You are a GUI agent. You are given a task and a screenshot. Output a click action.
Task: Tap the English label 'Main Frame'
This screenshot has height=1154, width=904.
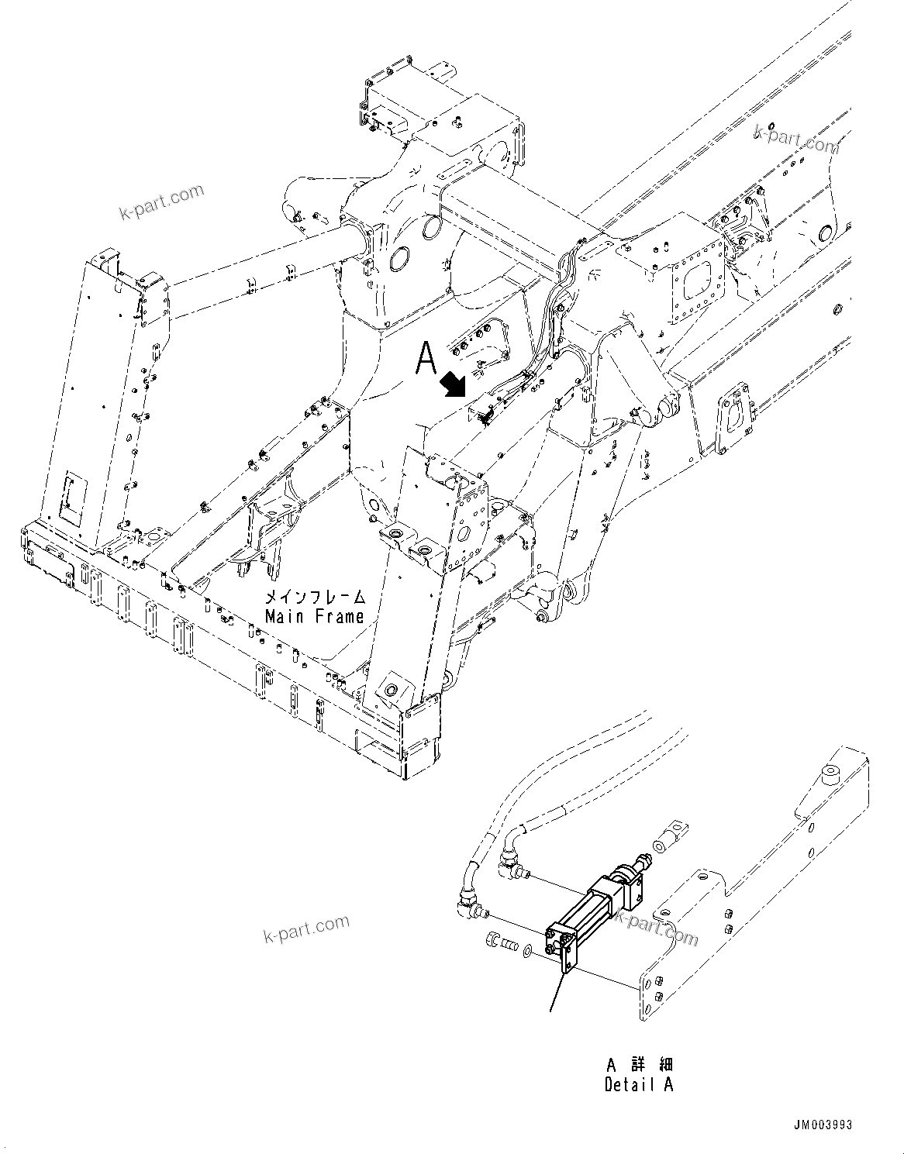[x=314, y=617]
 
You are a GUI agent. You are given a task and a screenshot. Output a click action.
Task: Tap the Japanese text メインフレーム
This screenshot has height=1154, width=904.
[x=314, y=598]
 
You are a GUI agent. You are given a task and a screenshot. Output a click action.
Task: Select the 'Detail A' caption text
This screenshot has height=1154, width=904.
[x=639, y=1084]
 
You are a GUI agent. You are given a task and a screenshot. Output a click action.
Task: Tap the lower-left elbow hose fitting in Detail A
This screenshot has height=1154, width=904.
[x=468, y=903]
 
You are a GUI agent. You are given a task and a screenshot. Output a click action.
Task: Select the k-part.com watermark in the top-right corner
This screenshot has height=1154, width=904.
[x=796, y=139]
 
